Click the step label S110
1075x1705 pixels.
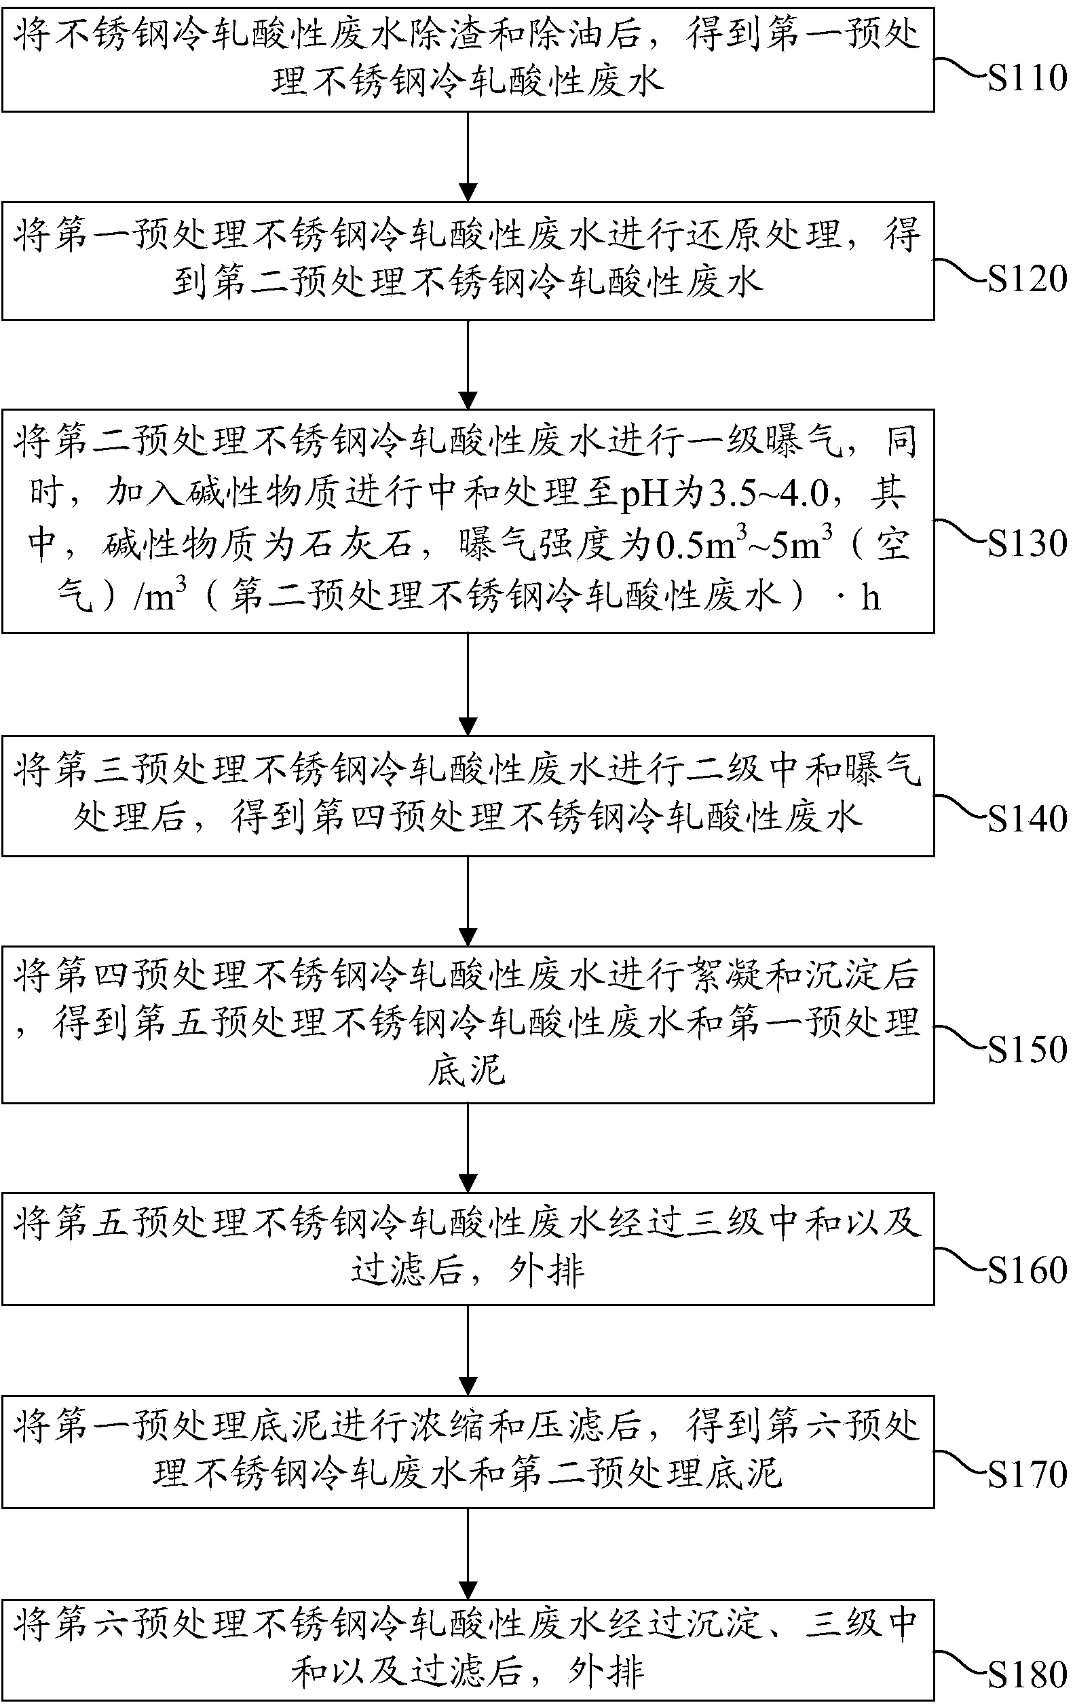click(x=1027, y=78)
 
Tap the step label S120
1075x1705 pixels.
click(x=1027, y=279)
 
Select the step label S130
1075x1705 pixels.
click(x=1027, y=544)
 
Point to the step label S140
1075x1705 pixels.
click(x=1027, y=819)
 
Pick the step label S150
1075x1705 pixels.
click(x=1027, y=1049)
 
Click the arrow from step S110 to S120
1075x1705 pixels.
click(x=468, y=157)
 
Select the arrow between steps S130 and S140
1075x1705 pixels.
click(x=468, y=684)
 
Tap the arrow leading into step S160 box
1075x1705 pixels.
click(x=468, y=1148)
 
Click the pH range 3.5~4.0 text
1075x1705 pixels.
click(x=768, y=494)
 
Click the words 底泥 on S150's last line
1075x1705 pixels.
click(x=467, y=1070)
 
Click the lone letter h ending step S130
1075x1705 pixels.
click(x=870, y=597)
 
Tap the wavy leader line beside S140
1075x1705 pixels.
click(x=961, y=807)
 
